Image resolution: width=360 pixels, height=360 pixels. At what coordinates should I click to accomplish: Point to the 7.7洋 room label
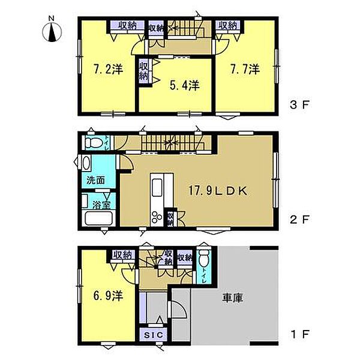coord(245,69)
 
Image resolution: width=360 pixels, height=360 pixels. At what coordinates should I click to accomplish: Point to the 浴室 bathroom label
coord(101,205)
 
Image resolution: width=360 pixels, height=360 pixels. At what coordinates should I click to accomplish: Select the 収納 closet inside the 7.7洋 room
coord(228,25)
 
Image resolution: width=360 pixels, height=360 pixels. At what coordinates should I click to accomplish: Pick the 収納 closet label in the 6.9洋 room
coord(122,255)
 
